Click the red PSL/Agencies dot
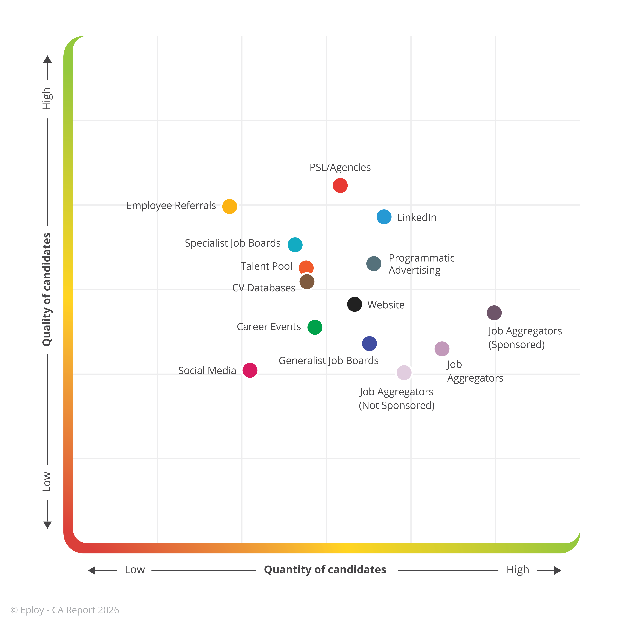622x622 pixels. pos(340,185)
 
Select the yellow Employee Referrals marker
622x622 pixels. pos(230,206)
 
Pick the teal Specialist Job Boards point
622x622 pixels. pos(295,245)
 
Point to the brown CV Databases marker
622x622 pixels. pos(307,282)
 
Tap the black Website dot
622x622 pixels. pos(354,304)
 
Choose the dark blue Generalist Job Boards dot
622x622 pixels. pos(369,343)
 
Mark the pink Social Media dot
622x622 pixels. pos(250,370)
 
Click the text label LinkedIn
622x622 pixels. pos(417,218)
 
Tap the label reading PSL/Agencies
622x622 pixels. pos(340,167)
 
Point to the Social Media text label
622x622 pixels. pos(207,371)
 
